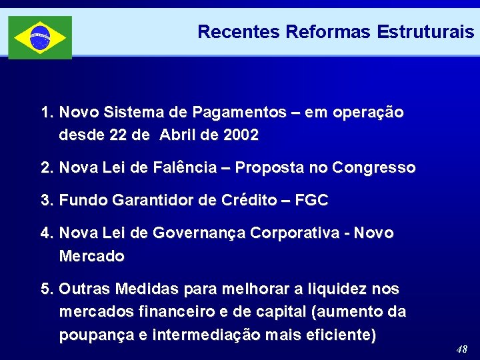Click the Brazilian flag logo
point(40,37)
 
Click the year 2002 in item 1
point(241,135)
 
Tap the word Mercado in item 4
point(91,256)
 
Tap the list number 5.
point(46,289)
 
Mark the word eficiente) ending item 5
point(341,335)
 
